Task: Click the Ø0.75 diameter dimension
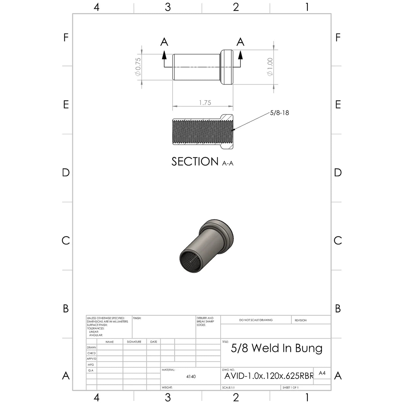(x=138, y=67)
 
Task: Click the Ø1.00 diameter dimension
(x=270, y=67)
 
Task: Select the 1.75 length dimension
(x=205, y=103)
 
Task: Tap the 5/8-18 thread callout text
(x=279, y=113)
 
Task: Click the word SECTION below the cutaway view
(x=195, y=162)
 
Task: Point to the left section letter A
(x=164, y=42)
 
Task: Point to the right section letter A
(x=240, y=42)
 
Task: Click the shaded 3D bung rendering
(x=206, y=245)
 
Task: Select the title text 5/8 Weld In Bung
(x=277, y=348)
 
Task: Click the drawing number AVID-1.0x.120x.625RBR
(x=269, y=376)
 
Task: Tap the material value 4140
(x=191, y=376)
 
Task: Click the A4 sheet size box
(x=322, y=373)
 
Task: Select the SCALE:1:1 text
(x=229, y=388)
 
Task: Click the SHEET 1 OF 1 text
(x=290, y=388)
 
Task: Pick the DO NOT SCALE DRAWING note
(x=256, y=320)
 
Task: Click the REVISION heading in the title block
(x=301, y=320)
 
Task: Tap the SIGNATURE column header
(x=134, y=342)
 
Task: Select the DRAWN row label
(x=92, y=347)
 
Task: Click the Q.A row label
(x=91, y=370)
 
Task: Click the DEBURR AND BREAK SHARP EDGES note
(x=205, y=321)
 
